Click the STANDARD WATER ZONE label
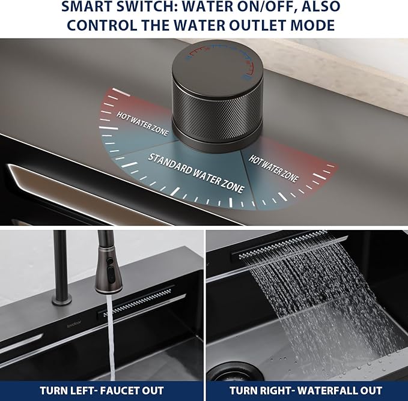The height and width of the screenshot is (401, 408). [x=196, y=172]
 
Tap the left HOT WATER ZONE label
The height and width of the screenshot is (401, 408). [x=142, y=124]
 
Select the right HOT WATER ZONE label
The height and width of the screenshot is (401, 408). [x=273, y=169]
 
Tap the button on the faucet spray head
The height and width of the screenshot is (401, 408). [x=111, y=274]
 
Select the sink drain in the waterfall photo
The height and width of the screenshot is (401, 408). [x=234, y=372]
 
